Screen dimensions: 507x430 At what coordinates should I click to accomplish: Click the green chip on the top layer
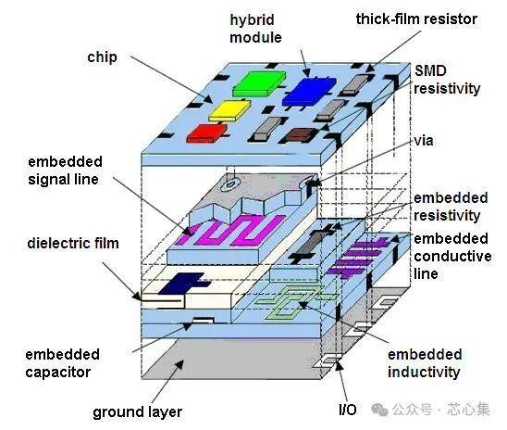click(259, 83)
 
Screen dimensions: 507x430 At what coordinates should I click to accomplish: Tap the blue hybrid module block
click(308, 92)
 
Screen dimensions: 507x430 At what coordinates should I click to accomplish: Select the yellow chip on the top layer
click(229, 110)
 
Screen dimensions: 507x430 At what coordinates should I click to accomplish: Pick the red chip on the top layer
click(207, 133)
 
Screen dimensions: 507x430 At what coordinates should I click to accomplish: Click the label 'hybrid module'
click(255, 29)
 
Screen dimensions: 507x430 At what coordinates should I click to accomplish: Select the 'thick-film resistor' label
click(416, 19)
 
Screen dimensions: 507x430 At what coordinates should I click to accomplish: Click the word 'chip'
click(102, 57)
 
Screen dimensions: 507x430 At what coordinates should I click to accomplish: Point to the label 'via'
click(424, 141)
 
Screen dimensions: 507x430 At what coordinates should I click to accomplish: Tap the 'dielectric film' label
click(73, 244)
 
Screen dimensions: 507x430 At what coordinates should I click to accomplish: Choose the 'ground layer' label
click(138, 412)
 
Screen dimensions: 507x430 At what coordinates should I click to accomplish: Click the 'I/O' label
click(348, 411)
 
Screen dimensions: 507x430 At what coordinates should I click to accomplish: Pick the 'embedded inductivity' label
click(425, 363)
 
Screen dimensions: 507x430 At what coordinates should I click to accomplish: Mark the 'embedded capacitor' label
click(62, 363)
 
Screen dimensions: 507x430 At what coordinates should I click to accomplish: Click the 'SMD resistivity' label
click(447, 80)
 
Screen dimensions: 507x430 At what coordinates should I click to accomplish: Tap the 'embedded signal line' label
click(65, 171)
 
